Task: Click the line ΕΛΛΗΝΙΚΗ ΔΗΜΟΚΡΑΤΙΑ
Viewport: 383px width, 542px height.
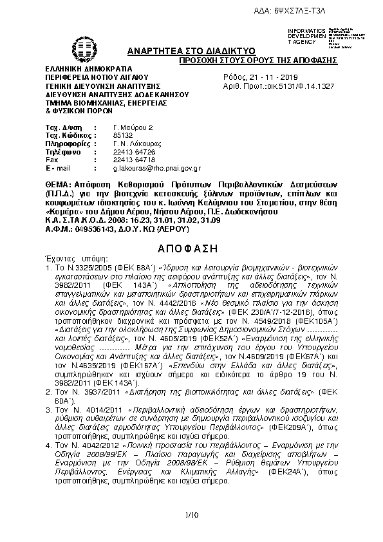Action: (88, 68)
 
